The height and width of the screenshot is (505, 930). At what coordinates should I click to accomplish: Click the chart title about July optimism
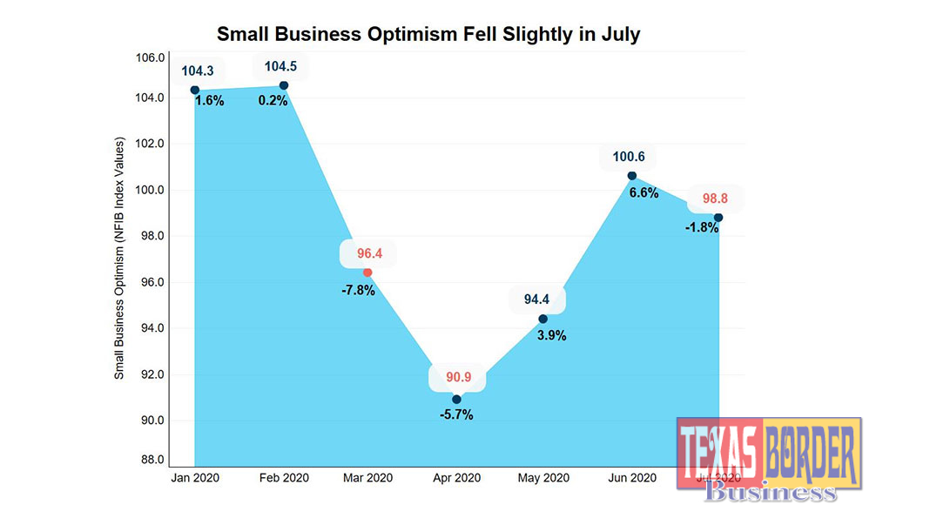click(428, 35)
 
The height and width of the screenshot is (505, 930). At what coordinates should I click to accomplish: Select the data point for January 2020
click(195, 90)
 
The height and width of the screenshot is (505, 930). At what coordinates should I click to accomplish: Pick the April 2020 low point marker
click(456, 400)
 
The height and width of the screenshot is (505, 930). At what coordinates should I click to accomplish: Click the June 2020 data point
click(631, 176)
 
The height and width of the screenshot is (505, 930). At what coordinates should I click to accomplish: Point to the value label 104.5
click(281, 66)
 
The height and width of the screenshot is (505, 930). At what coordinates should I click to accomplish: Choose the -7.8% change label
click(358, 290)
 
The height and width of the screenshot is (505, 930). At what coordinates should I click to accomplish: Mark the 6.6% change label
click(644, 193)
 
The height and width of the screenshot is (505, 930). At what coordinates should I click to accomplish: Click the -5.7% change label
click(456, 415)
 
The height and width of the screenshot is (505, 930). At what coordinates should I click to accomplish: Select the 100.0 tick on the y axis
click(153, 190)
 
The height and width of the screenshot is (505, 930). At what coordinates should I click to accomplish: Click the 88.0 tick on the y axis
click(154, 460)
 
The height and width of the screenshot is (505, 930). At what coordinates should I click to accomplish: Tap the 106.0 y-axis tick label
click(153, 58)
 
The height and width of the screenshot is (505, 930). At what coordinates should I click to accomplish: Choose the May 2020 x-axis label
click(543, 478)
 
